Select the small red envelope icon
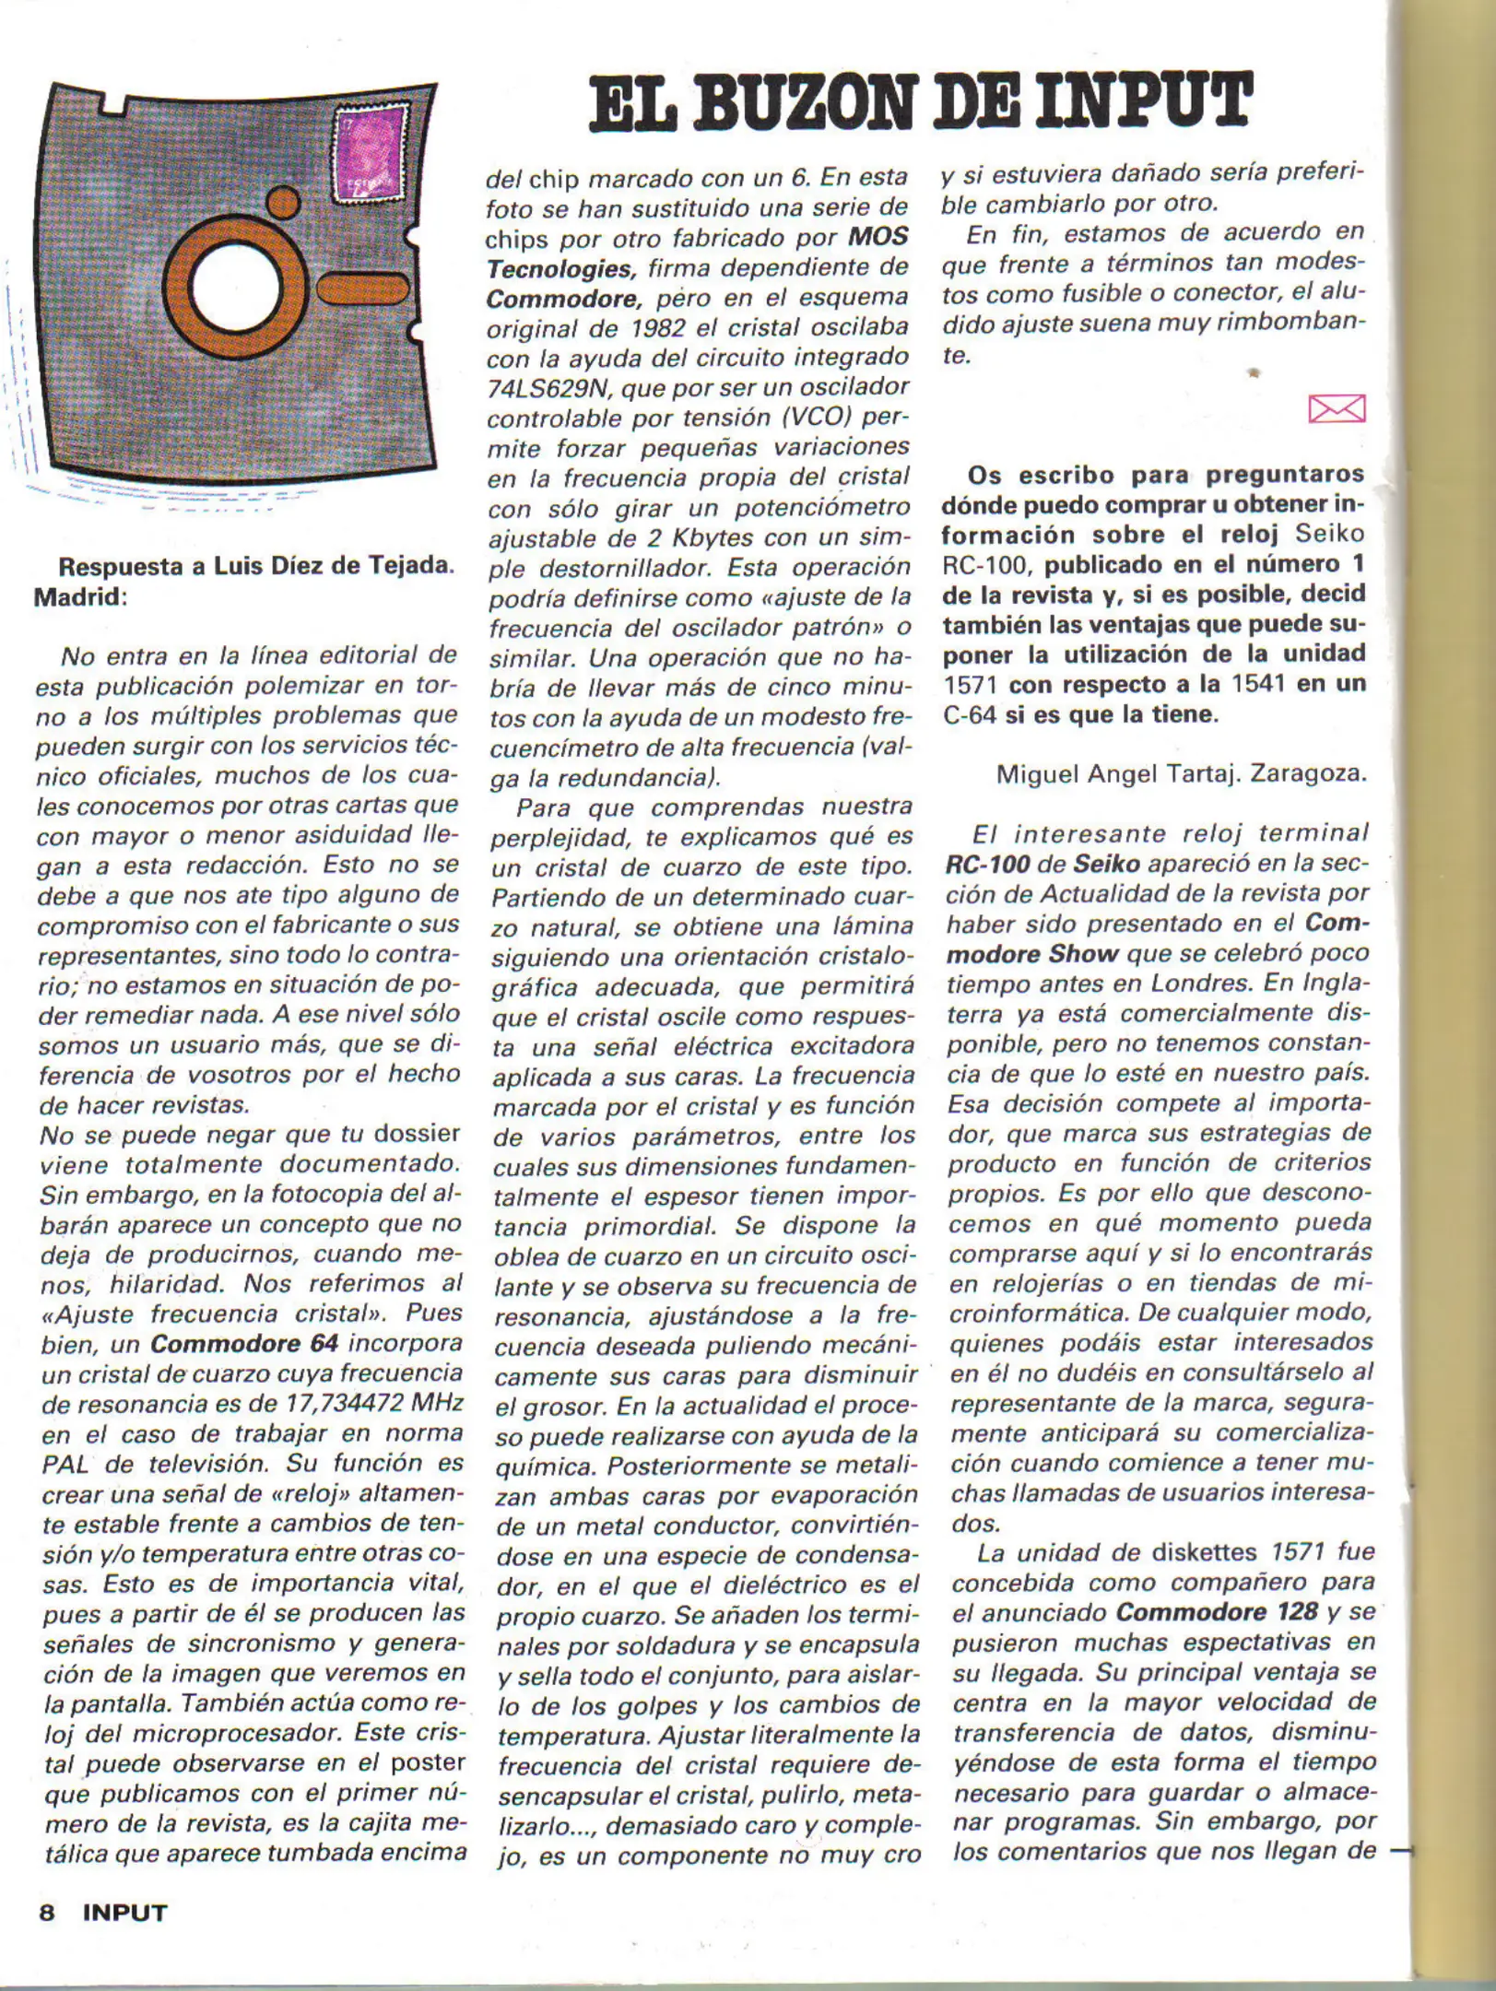(1336, 408)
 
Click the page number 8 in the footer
(47, 1913)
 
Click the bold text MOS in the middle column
(878, 237)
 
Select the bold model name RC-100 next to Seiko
(984, 865)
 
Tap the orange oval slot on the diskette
(363, 289)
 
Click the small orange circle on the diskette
(283, 204)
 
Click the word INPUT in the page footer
(124, 1913)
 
